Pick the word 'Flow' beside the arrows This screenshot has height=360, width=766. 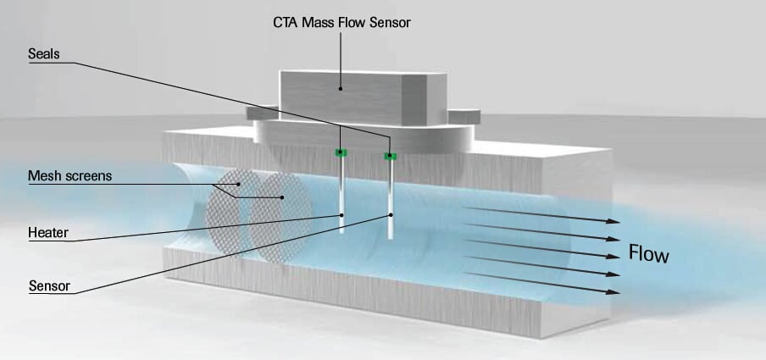pos(648,253)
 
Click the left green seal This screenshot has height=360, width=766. pos(341,152)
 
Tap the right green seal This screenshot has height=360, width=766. pos(390,156)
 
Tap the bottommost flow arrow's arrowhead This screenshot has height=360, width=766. pos(614,291)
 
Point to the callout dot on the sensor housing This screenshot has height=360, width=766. pos(341,86)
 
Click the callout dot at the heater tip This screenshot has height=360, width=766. pos(341,214)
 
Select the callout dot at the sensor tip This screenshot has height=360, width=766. pos(391,214)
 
